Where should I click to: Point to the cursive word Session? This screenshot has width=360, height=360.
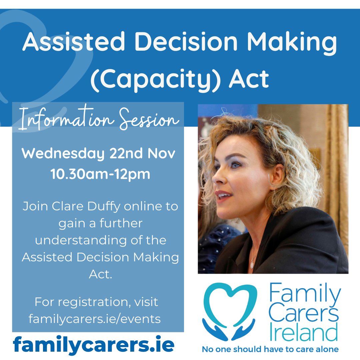click(x=149, y=119)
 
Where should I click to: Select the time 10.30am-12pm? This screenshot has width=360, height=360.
click(x=100, y=174)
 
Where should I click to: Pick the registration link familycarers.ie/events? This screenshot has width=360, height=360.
click(x=95, y=319)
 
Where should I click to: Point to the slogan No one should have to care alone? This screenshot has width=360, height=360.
click(x=270, y=349)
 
